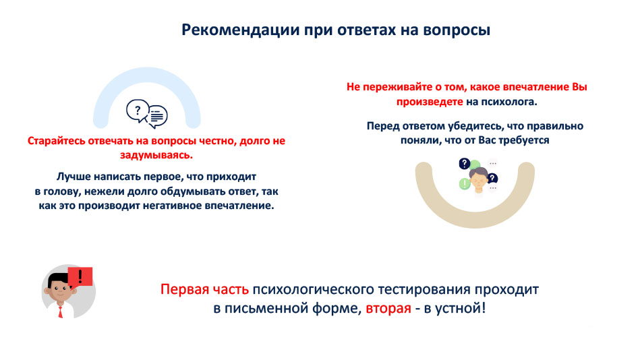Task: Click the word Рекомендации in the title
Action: tap(240, 30)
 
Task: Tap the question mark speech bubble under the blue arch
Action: tap(138, 111)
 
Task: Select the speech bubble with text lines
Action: tap(158, 117)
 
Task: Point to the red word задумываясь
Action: tap(156, 156)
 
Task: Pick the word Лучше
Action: tap(74, 177)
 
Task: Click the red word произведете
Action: tap(430, 102)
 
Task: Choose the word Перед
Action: tap(383, 126)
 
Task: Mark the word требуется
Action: tap(524, 141)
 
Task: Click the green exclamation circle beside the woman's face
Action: tap(465, 183)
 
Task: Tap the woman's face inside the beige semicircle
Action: tap(478, 180)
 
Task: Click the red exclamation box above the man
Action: tap(80, 276)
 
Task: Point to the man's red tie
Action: tap(61, 311)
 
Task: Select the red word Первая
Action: tap(182, 289)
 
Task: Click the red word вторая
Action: tap(388, 308)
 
